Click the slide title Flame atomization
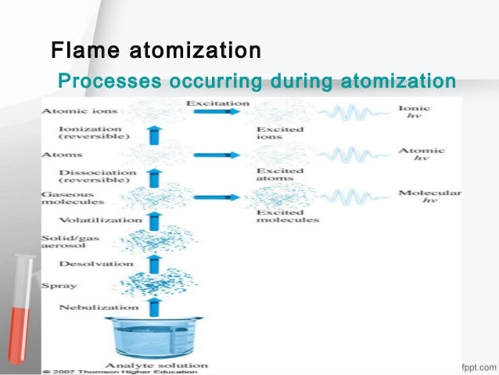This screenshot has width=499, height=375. pyautogui.click(x=155, y=52)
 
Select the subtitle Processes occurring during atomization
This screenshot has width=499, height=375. pyautogui.click(x=257, y=81)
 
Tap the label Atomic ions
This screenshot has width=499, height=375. pyautogui.click(x=70, y=110)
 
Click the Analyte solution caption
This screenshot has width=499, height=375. pyautogui.click(x=169, y=365)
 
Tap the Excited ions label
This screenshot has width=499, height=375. pyautogui.click(x=275, y=132)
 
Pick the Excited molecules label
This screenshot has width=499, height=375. pyautogui.click(x=287, y=215)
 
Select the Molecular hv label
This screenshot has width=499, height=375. pyautogui.click(x=429, y=197)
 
